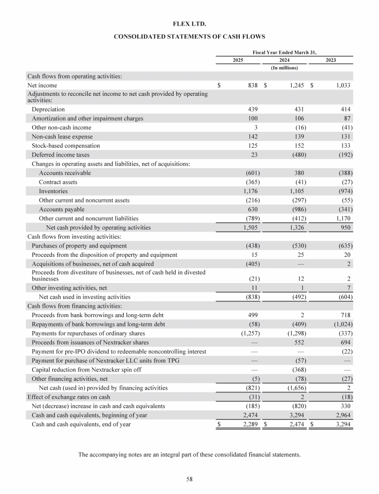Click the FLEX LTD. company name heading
point(189,23)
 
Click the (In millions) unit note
point(285,68)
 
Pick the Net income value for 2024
point(296,85)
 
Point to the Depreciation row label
point(48,109)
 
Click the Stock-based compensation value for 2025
point(253,146)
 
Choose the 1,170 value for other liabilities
point(341,218)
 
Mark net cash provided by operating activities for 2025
point(251,228)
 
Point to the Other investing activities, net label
point(69,288)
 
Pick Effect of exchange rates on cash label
point(68,397)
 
